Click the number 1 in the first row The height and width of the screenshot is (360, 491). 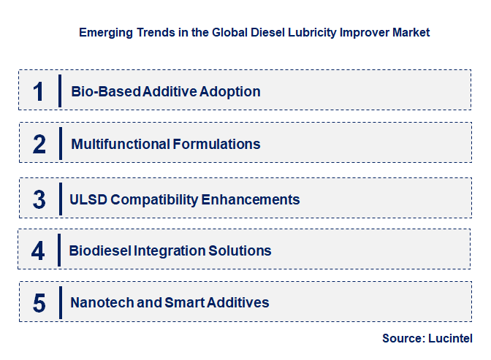point(39,91)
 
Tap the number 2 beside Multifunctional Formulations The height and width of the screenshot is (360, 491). point(39,144)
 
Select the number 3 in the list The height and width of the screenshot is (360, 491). point(39,199)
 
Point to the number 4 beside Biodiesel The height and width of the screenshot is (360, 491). point(39,250)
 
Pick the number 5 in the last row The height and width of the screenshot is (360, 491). point(39,302)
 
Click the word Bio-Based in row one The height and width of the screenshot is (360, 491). point(106,91)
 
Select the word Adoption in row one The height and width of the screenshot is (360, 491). point(232,91)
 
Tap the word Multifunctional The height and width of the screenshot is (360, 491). point(121,144)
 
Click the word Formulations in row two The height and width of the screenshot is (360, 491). point(217,144)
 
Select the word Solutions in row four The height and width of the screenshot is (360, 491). point(242,250)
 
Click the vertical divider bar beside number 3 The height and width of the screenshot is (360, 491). point(60,199)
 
